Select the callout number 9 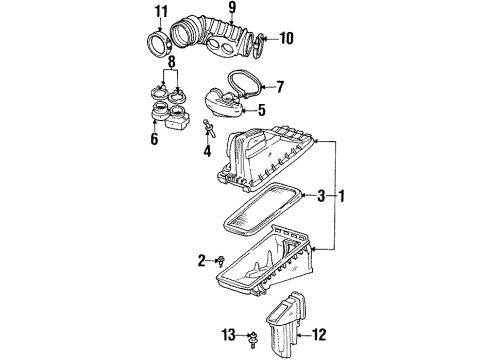(x=231, y=12)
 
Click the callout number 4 (x=207, y=153)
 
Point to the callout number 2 (x=200, y=260)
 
